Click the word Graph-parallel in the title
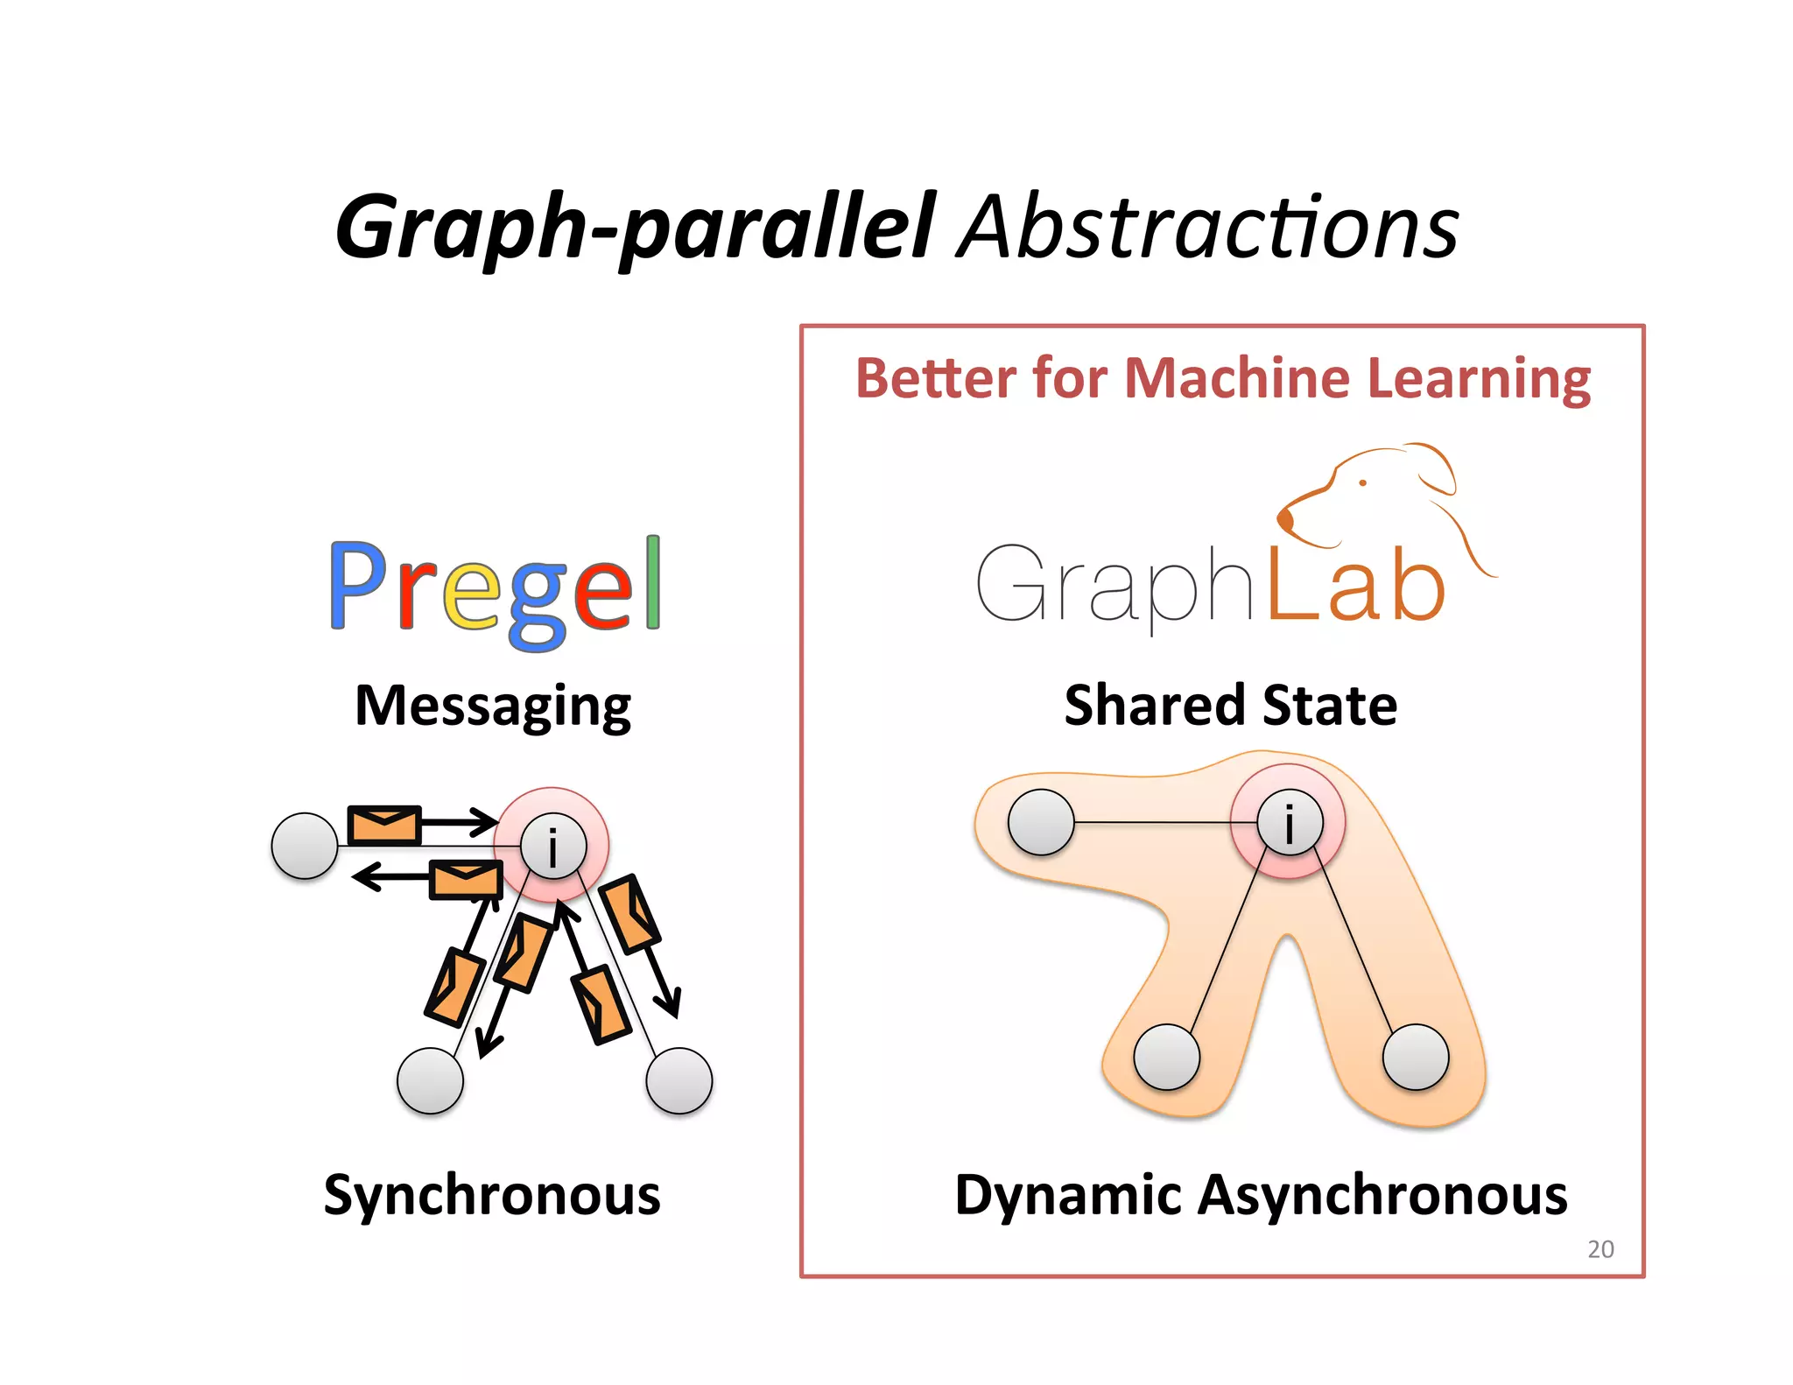tap(635, 228)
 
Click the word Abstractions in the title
tap(1208, 228)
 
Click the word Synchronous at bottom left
tap(492, 1195)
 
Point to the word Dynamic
tap(1068, 1196)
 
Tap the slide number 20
tap(1600, 1249)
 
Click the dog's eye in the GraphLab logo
tap(1362, 482)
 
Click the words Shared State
tap(1230, 706)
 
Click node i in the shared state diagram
tap(1289, 823)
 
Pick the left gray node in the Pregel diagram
tap(305, 846)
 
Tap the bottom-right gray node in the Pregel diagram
tap(679, 1080)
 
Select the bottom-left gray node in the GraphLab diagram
tap(1166, 1057)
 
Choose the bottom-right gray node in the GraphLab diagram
tap(1416, 1057)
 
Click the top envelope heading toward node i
tap(384, 824)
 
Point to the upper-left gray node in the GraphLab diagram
tap(1041, 822)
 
